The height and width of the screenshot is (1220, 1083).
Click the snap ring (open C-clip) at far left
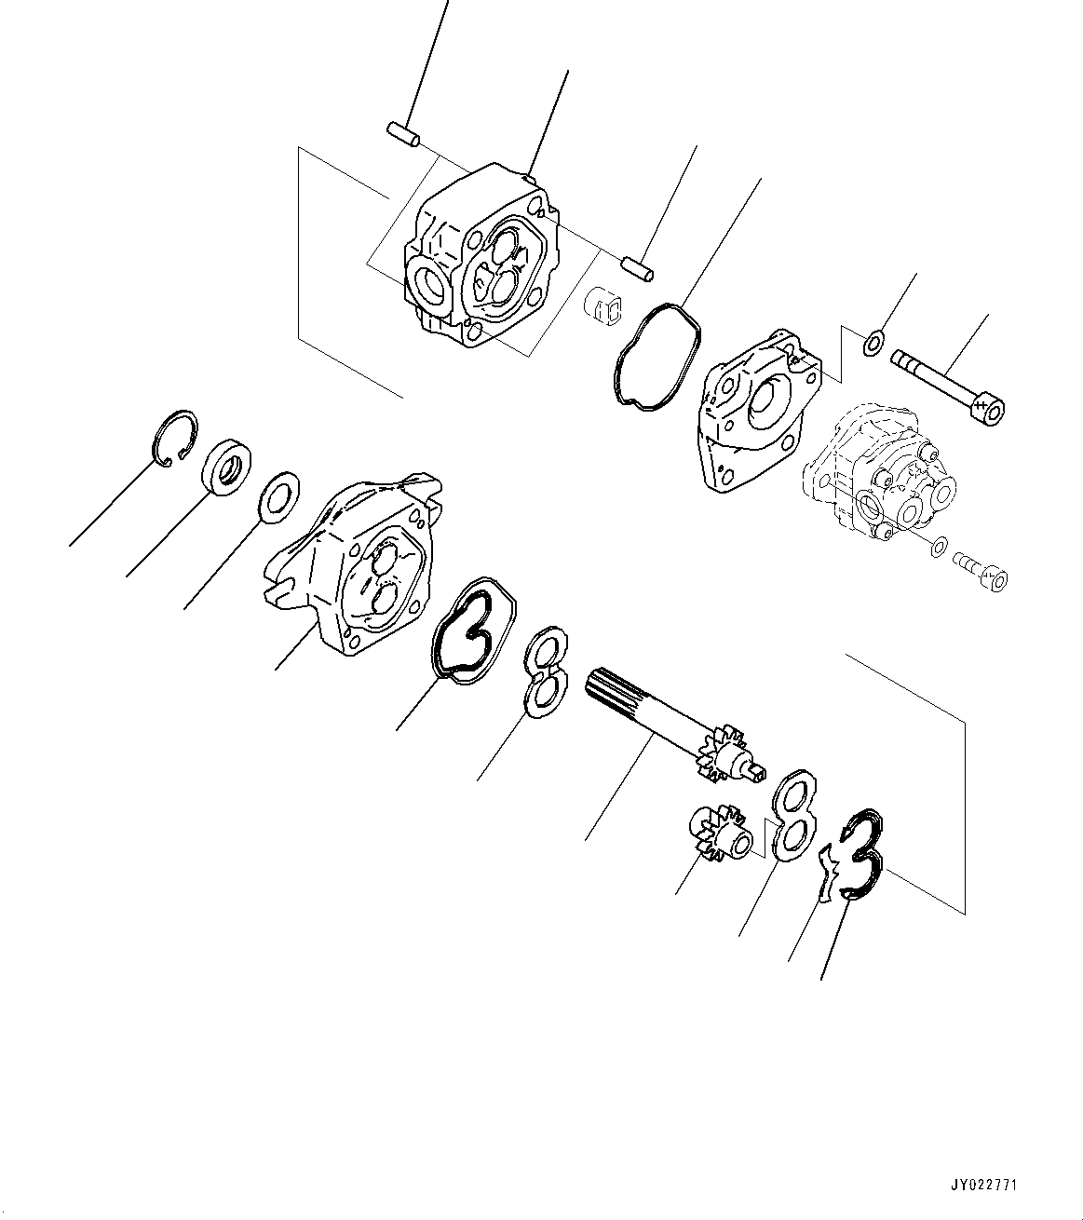pos(173,439)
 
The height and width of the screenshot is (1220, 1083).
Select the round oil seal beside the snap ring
pos(225,466)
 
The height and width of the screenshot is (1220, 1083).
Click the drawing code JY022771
pos(984,1186)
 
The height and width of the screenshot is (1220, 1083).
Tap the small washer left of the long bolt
pos(873,344)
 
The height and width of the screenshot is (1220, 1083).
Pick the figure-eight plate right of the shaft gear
pos(793,814)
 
